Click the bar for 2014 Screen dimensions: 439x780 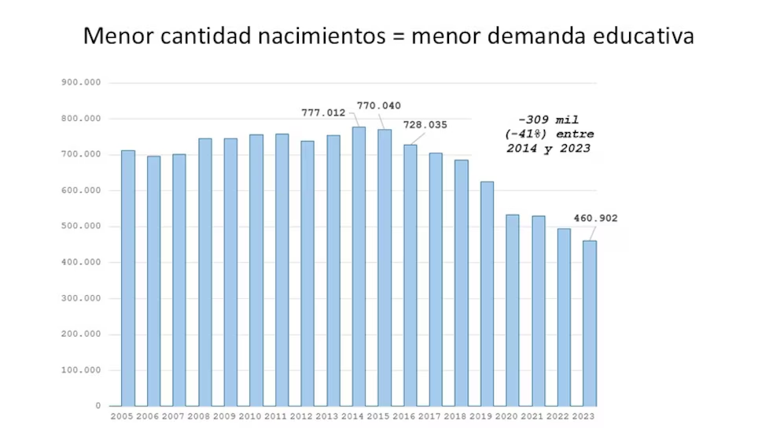(x=359, y=267)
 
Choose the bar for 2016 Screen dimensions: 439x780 (x=410, y=275)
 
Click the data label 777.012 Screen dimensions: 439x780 (x=323, y=113)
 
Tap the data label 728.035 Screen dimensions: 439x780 (x=425, y=124)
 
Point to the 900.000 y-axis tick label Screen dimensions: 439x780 (x=82, y=83)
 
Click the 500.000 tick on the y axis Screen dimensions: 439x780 (x=82, y=227)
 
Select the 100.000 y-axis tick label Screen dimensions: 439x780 (x=82, y=371)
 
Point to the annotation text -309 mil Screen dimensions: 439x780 (x=548, y=120)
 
